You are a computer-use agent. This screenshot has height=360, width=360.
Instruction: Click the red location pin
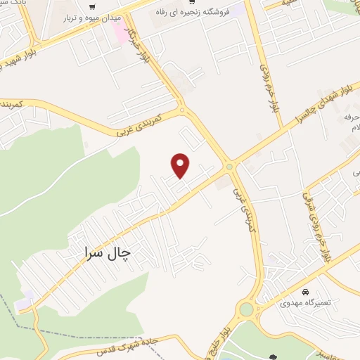pyautogui.click(x=181, y=165)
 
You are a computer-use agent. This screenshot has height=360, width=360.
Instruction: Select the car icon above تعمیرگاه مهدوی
pyautogui.click(x=305, y=291)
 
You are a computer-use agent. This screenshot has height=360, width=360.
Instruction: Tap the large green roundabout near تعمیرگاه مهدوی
pyautogui.click(x=246, y=309)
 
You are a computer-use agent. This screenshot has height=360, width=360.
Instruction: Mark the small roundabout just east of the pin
pyautogui.click(x=230, y=167)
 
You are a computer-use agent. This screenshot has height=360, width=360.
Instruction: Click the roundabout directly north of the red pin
pyautogui.click(x=182, y=110)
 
